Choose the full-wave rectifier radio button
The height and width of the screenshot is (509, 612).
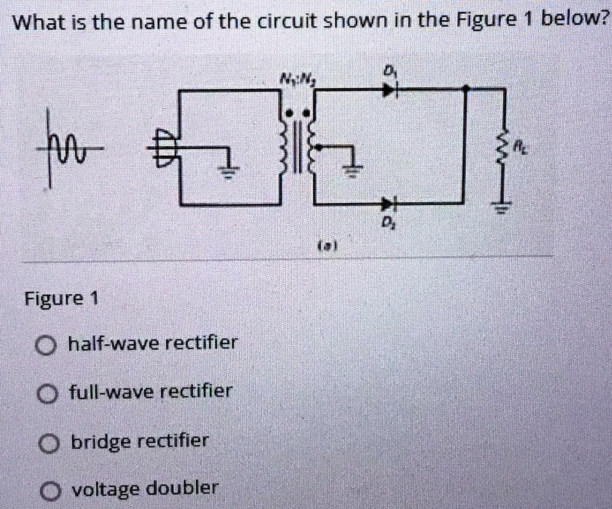[46, 393]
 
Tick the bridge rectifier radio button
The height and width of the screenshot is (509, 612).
[48, 443]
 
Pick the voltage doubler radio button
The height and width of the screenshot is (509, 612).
[50, 491]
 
